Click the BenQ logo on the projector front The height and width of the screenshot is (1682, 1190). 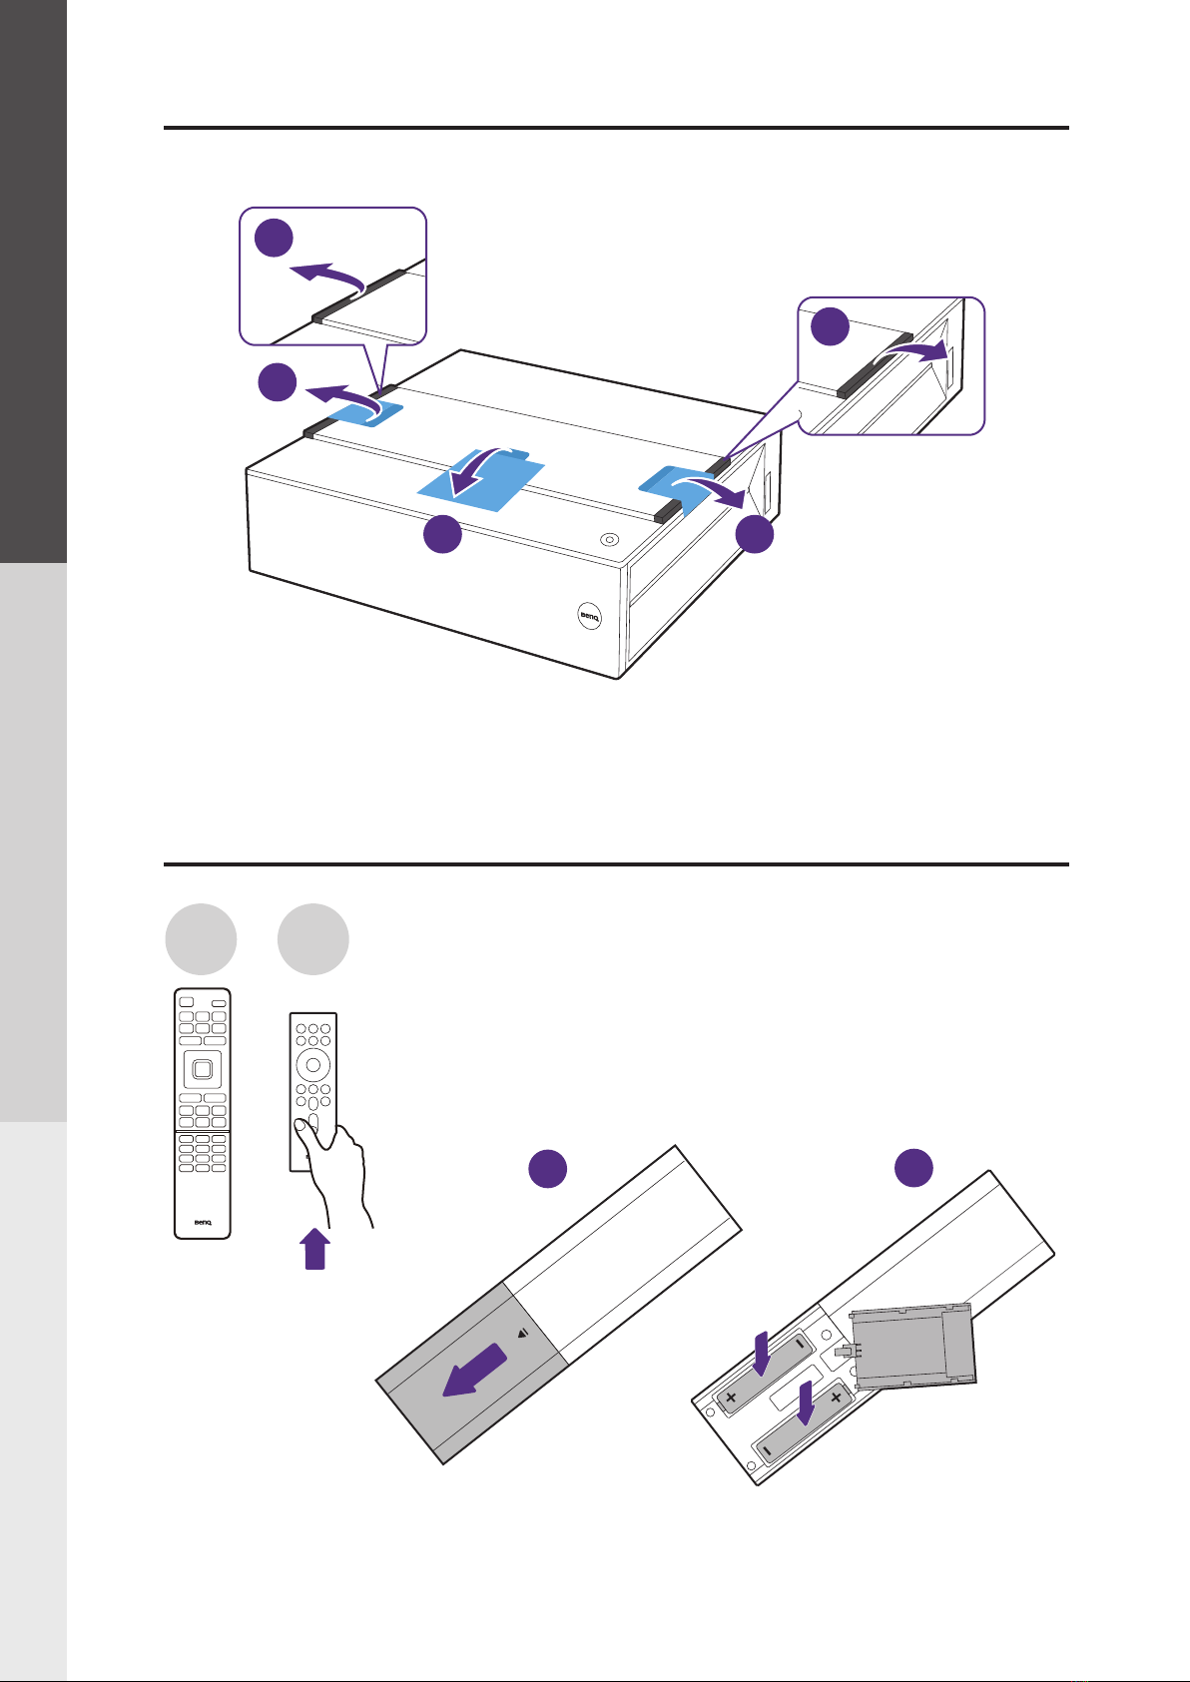click(x=589, y=617)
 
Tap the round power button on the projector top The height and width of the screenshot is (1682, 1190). click(x=611, y=539)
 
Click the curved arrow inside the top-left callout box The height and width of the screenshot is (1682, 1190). click(x=324, y=275)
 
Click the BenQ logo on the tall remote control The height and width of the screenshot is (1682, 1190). click(x=202, y=1221)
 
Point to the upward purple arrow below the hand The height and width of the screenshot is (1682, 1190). click(x=313, y=1249)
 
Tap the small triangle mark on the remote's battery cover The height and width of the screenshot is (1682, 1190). click(x=522, y=1333)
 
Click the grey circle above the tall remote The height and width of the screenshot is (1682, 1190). click(x=201, y=939)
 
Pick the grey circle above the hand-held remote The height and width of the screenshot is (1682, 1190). click(x=313, y=939)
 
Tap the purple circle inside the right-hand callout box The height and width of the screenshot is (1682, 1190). click(x=829, y=327)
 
